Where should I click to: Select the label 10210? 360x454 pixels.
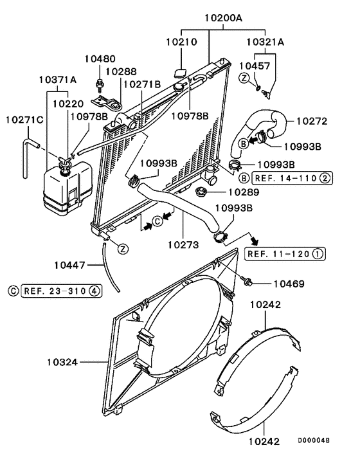click(181, 41)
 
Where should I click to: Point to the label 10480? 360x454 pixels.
click(100, 59)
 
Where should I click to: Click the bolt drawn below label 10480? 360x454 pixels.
click(100, 82)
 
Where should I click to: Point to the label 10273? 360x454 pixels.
click(182, 244)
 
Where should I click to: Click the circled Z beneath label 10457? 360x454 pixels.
click(245, 77)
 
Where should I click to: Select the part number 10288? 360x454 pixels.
click(121, 72)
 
